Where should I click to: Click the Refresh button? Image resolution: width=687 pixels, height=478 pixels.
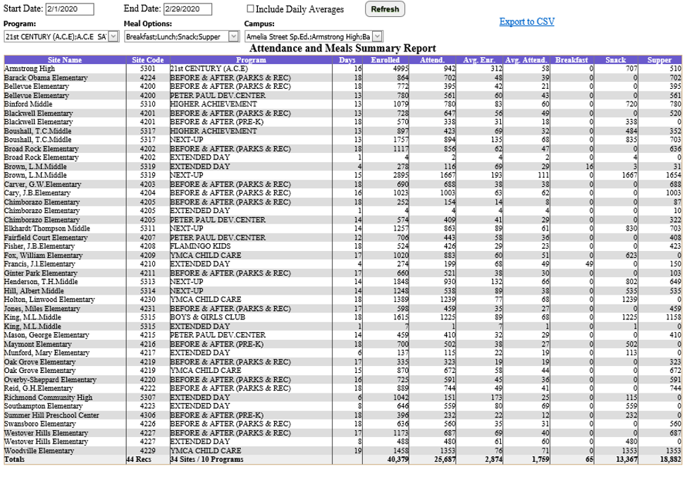pyautogui.click(x=385, y=9)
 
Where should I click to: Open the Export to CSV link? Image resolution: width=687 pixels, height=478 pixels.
pyautogui.click(x=526, y=22)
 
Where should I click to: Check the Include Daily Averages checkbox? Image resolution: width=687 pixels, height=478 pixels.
pyautogui.click(x=251, y=9)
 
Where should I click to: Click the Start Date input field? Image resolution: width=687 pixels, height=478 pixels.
pyautogui.click(x=69, y=9)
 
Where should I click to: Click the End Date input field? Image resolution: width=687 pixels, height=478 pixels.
pyautogui.click(x=187, y=9)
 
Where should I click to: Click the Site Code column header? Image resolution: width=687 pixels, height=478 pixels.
pyautogui.click(x=147, y=60)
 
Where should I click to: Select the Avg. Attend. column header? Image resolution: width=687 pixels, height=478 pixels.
pyautogui.click(x=527, y=60)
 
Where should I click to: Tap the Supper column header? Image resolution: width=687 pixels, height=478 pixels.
pyautogui.click(x=659, y=60)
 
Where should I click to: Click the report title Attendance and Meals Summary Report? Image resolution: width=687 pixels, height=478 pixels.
pyautogui.click(x=344, y=49)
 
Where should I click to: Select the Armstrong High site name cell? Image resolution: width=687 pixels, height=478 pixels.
pyautogui.click(x=30, y=68)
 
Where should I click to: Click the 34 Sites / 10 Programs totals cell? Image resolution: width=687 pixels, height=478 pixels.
pyautogui.click(x=206, y=459)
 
